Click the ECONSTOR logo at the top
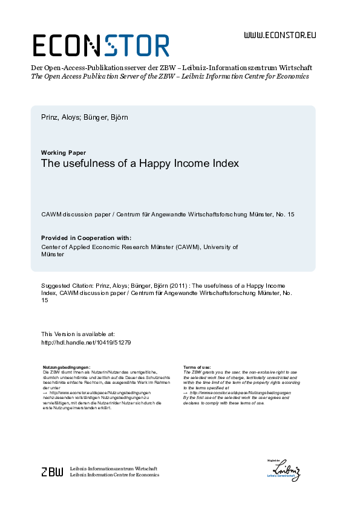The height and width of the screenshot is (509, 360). click(101, 45)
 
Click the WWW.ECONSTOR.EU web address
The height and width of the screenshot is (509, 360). click(280, 35)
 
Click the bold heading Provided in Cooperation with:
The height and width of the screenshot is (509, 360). click(85, 238)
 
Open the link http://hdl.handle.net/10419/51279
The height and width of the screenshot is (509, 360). click(86, 342)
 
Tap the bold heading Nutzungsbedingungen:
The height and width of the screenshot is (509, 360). click(67, 366)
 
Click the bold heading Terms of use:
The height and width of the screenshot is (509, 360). click(197, 366)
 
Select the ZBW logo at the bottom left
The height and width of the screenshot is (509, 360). click(51, 472)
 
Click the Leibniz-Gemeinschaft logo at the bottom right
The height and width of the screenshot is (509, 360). click(286, 470)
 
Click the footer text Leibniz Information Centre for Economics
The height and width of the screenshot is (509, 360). click(115, 475)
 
